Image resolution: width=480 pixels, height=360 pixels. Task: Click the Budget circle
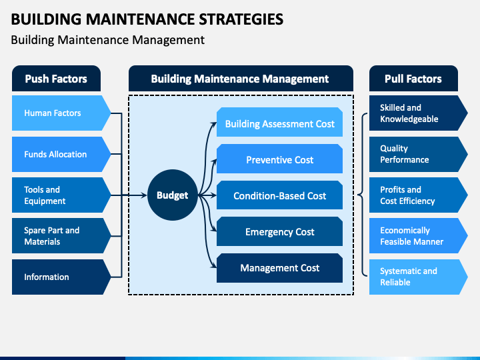[173, 195]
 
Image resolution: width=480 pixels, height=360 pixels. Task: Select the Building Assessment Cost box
[279, 122]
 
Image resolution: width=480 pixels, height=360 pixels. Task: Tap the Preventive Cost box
[279, 159]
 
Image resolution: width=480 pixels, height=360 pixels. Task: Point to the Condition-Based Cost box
[279, 195]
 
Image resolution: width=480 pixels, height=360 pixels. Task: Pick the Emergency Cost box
[279, 231]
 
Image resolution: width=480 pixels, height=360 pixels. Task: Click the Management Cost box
[279, 268]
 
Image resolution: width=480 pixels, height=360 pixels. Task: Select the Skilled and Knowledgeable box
[419, 113]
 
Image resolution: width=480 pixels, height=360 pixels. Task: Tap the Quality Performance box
[419, 154]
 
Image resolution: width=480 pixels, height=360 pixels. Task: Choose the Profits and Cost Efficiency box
[419, 195]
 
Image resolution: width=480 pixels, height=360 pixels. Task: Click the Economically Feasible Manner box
[419, 236]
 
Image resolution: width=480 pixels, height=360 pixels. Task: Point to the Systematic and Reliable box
[419, 277]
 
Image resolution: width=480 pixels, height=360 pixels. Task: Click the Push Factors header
[56, 79]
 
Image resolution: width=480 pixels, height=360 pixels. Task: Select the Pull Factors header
[413, 79]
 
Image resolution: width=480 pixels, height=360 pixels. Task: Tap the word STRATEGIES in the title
[241, 19]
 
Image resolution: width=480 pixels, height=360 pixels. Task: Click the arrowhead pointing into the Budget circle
[144, 195]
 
